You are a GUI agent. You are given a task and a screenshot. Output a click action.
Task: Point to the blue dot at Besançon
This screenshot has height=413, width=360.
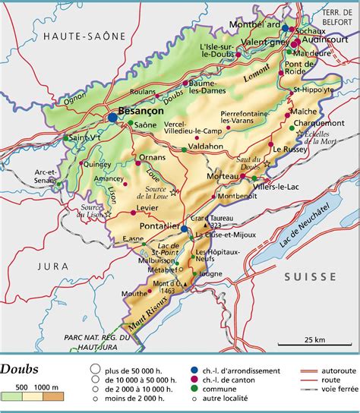(112, 118)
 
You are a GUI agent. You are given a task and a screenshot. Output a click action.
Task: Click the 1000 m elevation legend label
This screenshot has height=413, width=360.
(47, 387)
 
